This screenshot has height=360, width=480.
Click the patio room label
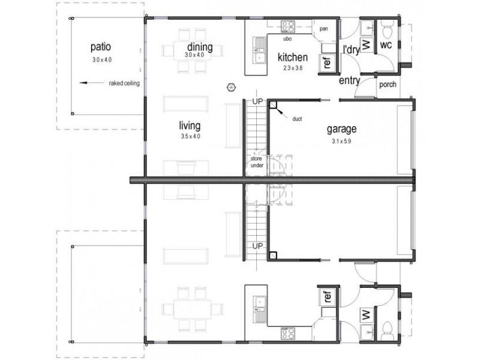pos(101,47)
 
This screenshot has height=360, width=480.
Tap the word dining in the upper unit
pos(199,47)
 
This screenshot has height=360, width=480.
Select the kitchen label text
pos(292,58)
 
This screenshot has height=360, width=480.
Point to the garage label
pos(341,128)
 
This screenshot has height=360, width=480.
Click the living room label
pos(189,126)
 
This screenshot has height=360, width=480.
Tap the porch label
pos(388,85)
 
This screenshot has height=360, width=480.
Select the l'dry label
pos(350,50)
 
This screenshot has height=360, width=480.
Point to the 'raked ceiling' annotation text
pos(124,83)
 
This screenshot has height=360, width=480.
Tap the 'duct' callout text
pos(297,118)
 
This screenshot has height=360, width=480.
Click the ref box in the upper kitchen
pos(328,62)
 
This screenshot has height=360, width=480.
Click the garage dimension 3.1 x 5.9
pos(341,142)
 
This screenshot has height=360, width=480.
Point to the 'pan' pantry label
pos(323,29)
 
